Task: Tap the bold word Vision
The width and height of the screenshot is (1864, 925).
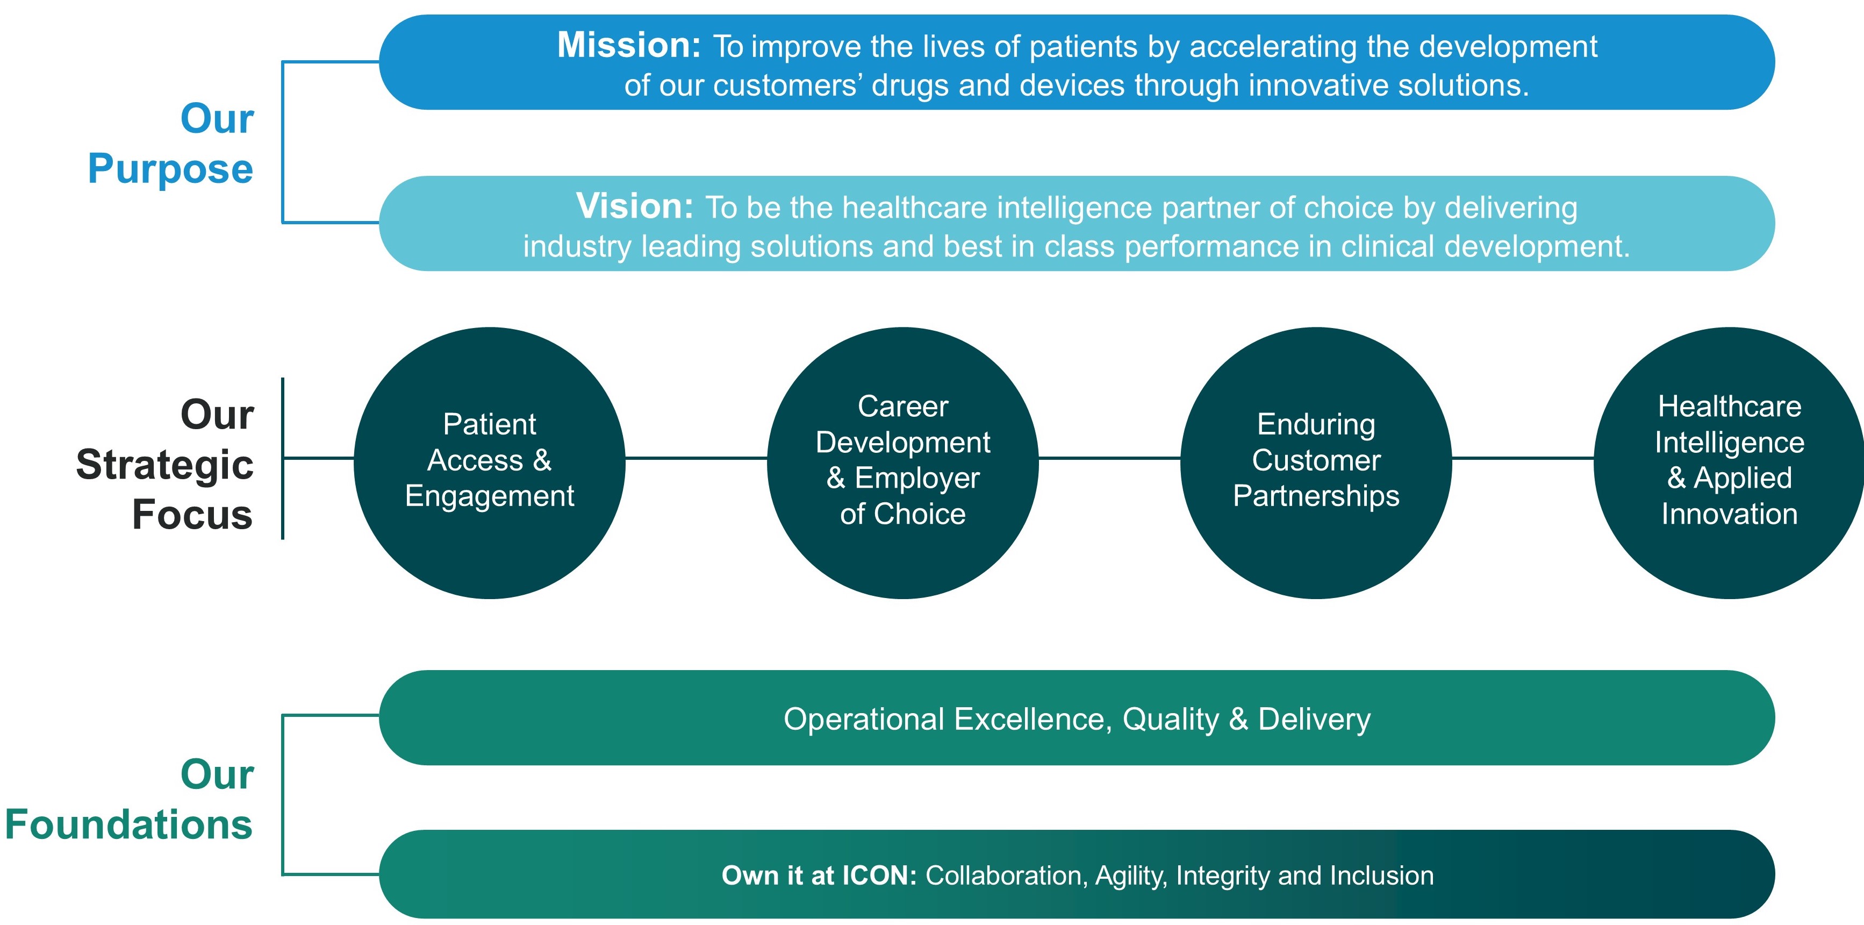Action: (x=634, y=207)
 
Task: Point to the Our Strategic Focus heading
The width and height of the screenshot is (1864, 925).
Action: (x=165, y=464)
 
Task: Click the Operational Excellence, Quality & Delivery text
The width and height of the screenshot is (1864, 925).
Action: (x=1077, y=718)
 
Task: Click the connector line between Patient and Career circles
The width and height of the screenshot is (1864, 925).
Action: (x=696, y=458)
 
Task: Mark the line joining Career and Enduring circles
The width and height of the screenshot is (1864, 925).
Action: (x=1109, y=458)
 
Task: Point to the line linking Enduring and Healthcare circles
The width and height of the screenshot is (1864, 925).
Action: (x=1523, y=458)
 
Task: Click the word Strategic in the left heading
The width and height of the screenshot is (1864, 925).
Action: (x=165, y=464)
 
